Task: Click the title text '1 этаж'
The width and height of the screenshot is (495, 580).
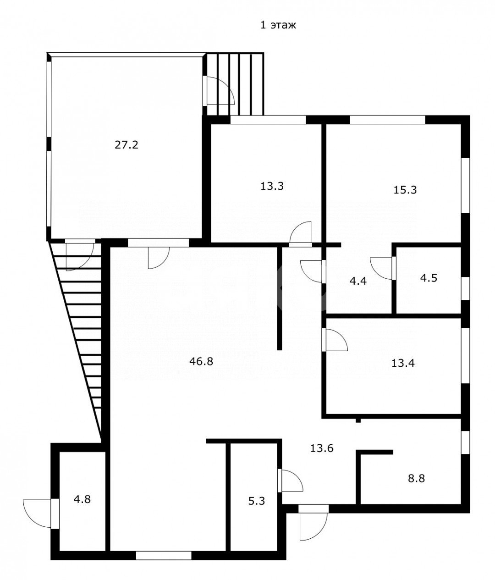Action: pos(278,25)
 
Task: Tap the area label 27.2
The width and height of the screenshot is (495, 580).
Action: pos(126,145)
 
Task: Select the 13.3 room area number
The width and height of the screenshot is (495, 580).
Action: pos(272,186)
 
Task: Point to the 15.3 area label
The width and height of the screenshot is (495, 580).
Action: pos(405,190)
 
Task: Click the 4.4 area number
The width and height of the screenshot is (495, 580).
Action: pos(358,281)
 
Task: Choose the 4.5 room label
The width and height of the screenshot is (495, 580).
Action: pos(429,278)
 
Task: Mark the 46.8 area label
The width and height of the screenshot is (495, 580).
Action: pos(201,361)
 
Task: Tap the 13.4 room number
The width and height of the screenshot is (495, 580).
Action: pos(403,363)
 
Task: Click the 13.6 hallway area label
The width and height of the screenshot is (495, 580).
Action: pos(322,448)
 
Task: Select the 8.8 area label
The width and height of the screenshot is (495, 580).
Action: pos(417,478)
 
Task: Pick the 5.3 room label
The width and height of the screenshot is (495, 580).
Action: pos(257,501)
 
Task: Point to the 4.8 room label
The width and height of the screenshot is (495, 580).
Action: pos(82,499)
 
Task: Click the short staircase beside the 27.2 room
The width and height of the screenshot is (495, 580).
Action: pos(235,84)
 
